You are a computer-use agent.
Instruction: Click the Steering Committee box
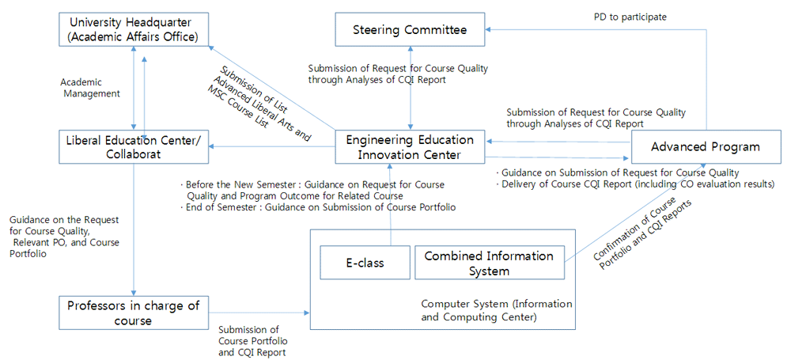pos(410,30)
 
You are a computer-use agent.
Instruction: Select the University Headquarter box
pos(133,29)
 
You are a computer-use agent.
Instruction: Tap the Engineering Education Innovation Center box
pos(410,147)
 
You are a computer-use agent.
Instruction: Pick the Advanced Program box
pos(706,147)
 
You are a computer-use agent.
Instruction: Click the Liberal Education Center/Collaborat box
pos(133,147)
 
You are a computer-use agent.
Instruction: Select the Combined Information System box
pos(488,263)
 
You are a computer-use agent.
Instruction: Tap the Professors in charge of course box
pos(133,313)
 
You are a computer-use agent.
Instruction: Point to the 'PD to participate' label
pos(630,17)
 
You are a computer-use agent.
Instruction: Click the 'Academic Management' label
pos(90,87)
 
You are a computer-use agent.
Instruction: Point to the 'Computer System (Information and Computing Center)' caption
pos(497,310)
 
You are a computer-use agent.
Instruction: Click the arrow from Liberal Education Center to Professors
pos(133,229)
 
